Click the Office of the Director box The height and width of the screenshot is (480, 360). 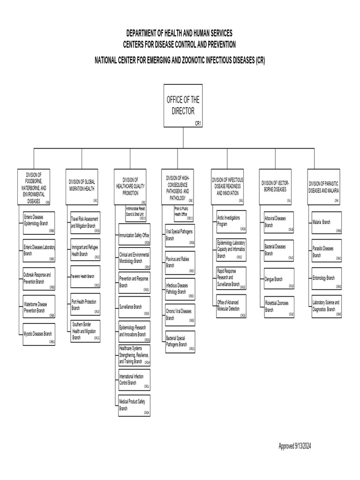(183, 106)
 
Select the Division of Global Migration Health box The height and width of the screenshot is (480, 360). (82, 186)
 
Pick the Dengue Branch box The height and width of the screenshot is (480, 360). (279, 279)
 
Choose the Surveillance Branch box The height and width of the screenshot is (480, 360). (134, 307)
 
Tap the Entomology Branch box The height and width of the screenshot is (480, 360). (327, 279)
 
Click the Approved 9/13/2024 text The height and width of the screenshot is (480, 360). (295, 446)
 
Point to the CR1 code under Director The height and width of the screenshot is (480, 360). (198, 123)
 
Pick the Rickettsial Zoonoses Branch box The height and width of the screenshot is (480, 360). (279, 307)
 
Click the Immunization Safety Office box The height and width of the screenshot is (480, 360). (134, 235)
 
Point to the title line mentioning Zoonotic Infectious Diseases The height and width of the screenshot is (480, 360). (180, 61)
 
